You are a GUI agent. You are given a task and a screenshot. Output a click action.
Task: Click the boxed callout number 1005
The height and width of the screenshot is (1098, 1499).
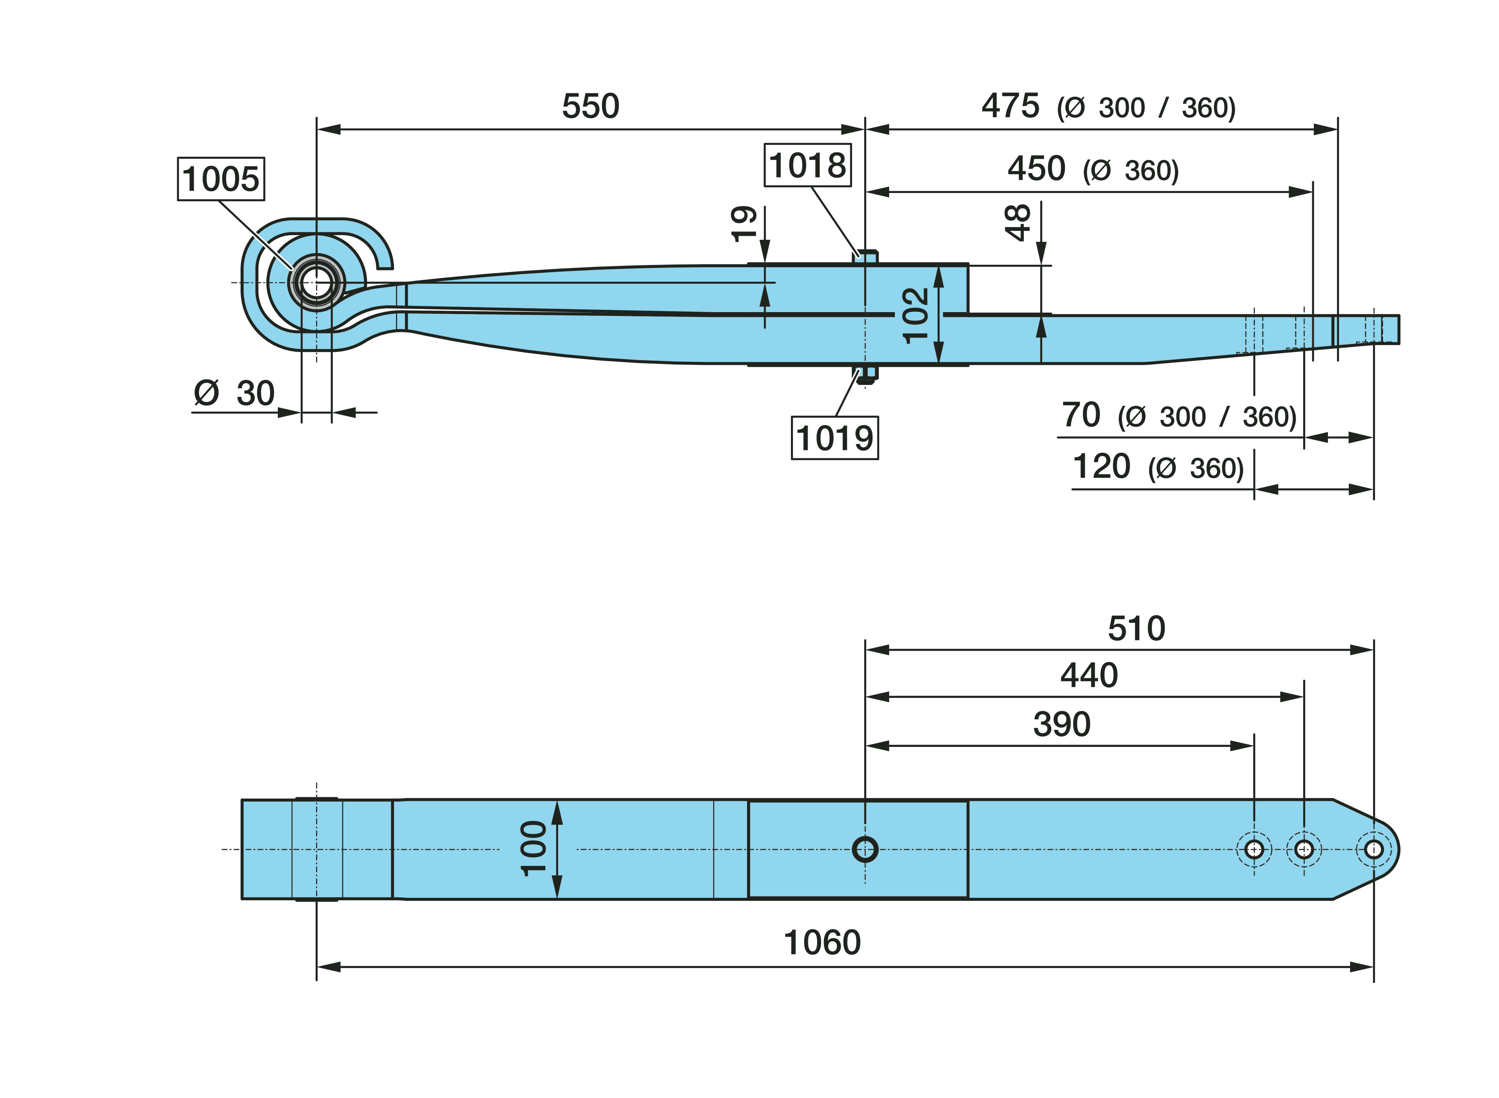point(220,179)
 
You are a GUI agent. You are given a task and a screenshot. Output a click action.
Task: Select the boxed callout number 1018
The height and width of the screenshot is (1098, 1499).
point(807,165)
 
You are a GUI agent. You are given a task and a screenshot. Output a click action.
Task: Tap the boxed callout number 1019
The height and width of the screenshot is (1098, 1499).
point(835,438)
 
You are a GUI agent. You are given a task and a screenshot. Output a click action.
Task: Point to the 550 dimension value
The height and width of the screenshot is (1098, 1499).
point(590,106)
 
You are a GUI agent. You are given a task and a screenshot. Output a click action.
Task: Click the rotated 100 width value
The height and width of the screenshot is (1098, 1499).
point(534,849)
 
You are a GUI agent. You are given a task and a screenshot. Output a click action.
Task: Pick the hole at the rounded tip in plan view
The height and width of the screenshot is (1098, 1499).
point(1373,849)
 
